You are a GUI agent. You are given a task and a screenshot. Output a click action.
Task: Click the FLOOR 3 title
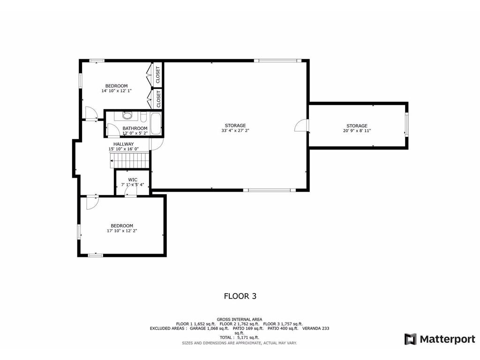240,296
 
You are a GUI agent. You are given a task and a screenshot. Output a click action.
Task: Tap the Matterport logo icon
411,339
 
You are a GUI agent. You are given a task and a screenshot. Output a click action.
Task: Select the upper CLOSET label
158,75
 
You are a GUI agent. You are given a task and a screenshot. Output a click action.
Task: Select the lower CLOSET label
158,99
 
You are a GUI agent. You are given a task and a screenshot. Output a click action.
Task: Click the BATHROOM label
135,128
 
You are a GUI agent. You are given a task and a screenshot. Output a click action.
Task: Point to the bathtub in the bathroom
156,124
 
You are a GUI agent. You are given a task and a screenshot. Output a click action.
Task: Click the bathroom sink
127,115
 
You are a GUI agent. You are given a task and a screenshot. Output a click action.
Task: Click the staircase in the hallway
130,160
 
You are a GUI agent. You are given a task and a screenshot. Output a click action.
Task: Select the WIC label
133,180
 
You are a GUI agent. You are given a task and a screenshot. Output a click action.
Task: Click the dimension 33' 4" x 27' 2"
235,130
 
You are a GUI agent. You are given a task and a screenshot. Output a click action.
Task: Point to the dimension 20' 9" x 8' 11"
357,131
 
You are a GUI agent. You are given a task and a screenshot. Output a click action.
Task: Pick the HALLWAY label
124,144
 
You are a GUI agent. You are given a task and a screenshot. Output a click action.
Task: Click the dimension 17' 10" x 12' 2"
122,231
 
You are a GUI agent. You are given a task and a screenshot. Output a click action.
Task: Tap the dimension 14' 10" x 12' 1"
117,91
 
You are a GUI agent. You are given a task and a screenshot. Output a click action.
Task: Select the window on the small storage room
406,125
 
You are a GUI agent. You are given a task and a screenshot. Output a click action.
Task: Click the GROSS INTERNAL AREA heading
240,319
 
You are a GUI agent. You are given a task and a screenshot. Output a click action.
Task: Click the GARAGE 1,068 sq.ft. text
210,329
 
